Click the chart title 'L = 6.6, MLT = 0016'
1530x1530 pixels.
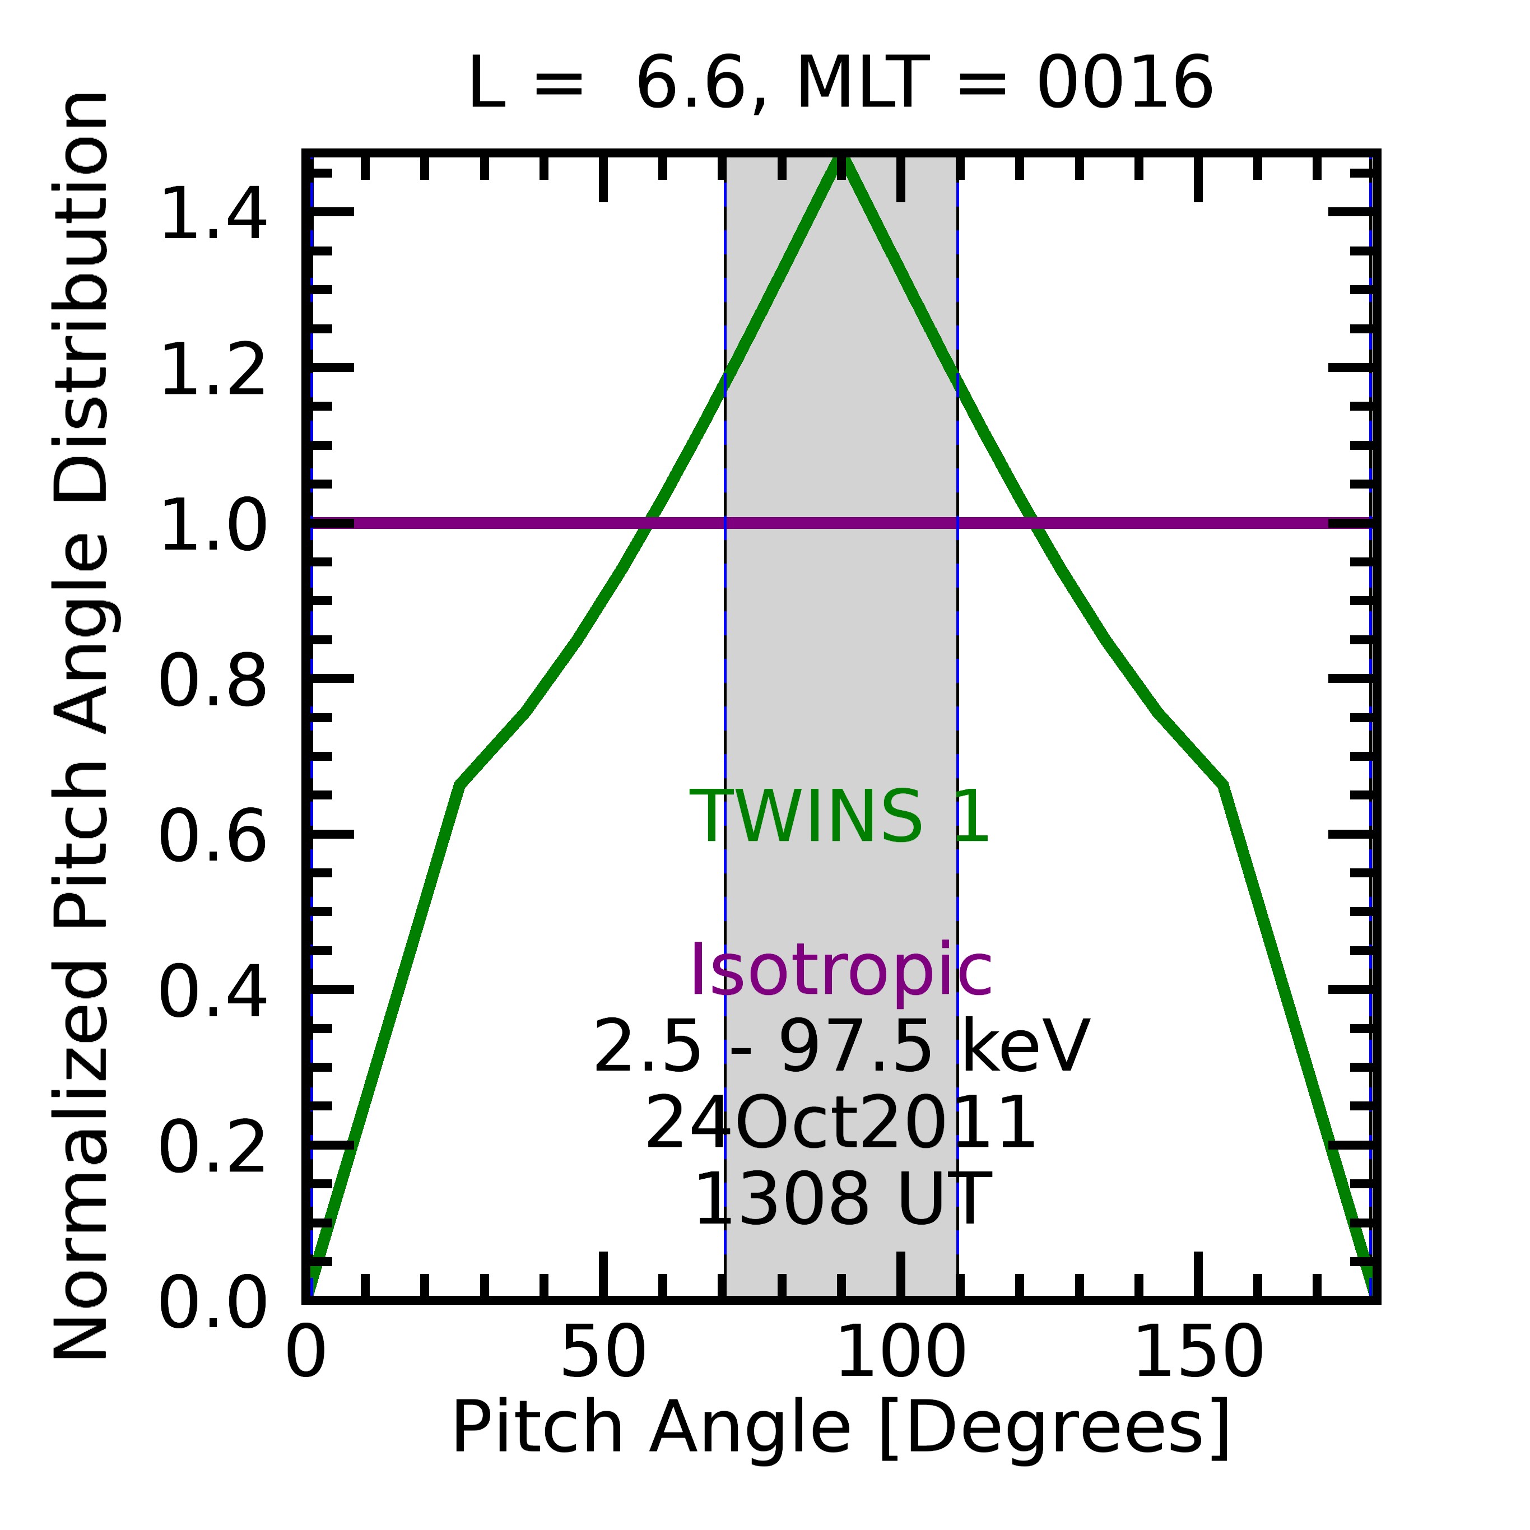[840, 84]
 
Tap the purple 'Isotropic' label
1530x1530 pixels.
[840, 970]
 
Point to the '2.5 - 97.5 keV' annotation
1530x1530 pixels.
[840, 1047]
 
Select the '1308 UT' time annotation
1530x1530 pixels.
[840, 1200]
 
